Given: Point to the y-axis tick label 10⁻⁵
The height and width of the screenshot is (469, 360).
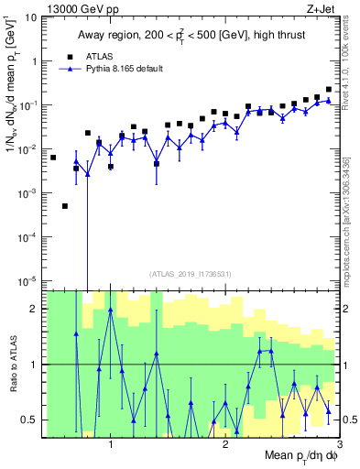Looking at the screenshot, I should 29,280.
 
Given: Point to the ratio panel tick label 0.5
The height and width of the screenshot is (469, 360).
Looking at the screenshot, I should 29,420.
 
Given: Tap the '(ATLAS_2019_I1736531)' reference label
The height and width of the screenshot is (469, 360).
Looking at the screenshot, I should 191,274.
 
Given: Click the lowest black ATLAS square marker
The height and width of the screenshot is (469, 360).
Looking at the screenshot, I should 65,206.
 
